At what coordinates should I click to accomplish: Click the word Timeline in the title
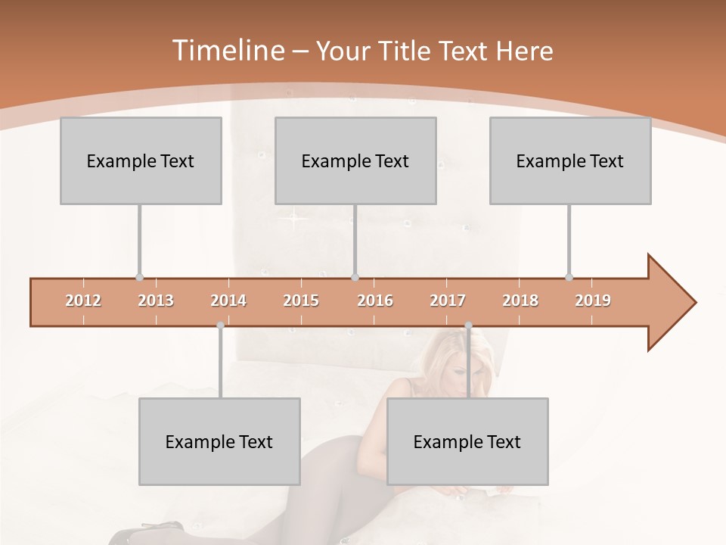point(228,51)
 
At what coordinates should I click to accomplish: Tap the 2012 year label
point(83,301)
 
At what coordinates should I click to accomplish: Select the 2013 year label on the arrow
point(156,301)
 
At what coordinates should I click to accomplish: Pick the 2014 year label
point(228,301)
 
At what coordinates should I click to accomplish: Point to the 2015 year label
point(301,301)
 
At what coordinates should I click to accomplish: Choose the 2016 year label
point(375,301)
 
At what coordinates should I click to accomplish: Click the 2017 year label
point(448,301)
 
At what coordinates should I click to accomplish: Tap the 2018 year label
point(520,301)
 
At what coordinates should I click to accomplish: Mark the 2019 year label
point(593,301)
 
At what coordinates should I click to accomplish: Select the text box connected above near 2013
point(141,160)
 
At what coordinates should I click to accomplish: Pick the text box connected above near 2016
point(355,160)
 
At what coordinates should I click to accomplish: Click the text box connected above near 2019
point(570,160)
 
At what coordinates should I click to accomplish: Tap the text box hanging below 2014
point(219,441)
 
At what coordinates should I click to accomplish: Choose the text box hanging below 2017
point(467,441)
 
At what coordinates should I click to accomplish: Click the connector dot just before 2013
point(139,277)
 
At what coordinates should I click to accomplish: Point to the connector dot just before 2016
point(355,277)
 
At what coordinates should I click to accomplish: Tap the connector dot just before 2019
point(569,277)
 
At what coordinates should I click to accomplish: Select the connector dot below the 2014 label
point(220,325)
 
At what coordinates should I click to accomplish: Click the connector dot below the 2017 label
point(468,325)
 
